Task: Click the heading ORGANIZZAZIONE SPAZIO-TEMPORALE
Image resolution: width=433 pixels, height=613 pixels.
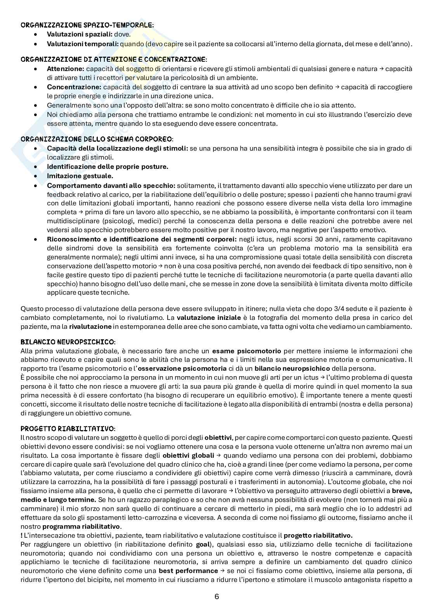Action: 87,25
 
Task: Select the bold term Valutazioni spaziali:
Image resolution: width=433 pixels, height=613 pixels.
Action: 80,35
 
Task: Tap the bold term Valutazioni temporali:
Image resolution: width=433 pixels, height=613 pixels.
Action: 83,44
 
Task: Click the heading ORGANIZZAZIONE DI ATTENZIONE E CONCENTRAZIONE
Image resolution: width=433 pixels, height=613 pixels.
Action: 114,59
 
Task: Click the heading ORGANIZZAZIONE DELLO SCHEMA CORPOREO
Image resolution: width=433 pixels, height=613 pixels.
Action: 97,139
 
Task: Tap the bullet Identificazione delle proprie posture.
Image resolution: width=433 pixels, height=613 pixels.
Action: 107,167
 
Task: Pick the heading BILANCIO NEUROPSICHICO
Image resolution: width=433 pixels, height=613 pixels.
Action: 68,342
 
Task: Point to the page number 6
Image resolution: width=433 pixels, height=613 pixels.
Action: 216,597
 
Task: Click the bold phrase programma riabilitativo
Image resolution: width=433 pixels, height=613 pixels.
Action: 81,527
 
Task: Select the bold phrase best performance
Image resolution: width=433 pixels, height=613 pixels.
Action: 188,571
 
